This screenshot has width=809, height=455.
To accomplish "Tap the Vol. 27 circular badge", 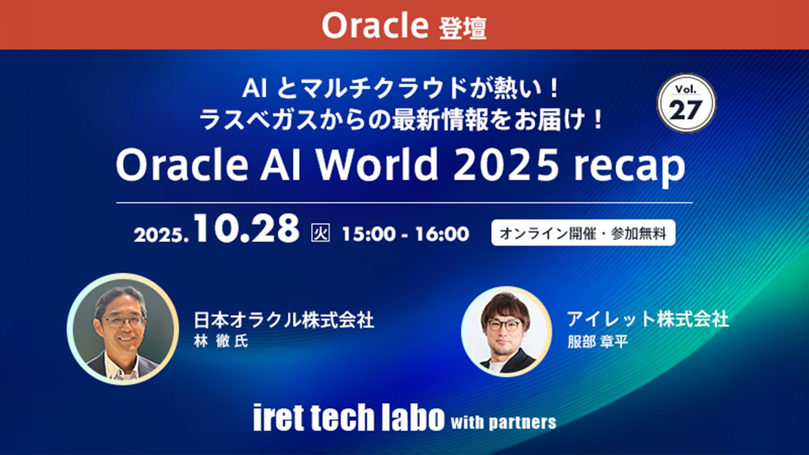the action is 686,103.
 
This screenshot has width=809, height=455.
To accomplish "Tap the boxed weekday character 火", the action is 320,233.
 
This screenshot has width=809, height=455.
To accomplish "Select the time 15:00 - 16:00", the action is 405,234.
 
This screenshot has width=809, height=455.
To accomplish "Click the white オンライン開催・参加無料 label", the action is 583,233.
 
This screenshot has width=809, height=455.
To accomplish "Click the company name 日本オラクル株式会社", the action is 284,320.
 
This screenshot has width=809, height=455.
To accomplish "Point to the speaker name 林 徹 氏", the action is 221,341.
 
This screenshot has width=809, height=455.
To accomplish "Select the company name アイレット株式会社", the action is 648,319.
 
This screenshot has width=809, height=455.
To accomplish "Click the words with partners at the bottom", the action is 504,422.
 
